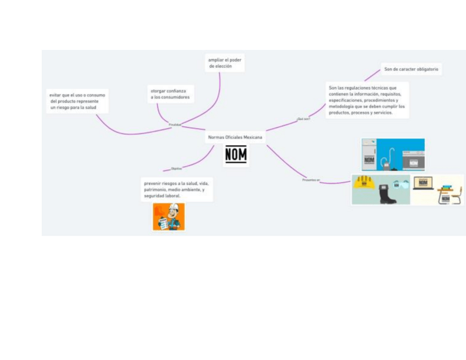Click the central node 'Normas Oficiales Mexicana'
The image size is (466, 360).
(x=235, y=137)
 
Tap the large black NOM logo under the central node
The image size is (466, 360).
(x=236, y=155)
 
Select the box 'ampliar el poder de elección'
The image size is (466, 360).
(x=224, y=63)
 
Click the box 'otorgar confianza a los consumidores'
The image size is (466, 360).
(x=170, y=93)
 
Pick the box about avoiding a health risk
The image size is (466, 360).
(x=77, y=101)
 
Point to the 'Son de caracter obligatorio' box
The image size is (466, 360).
(x=411, y=69)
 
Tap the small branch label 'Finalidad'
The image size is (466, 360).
(x=175, y=125)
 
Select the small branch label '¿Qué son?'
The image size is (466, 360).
(x=303, y=118)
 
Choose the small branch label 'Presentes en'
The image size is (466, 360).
(x=311, y=180)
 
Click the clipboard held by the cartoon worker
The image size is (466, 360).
(x=163, y=222)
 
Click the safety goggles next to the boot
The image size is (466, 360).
(x=401, y=183)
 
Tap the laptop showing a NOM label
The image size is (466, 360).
(x=423, y=184)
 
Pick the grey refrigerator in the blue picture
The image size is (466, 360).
(x=369, y=154)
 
